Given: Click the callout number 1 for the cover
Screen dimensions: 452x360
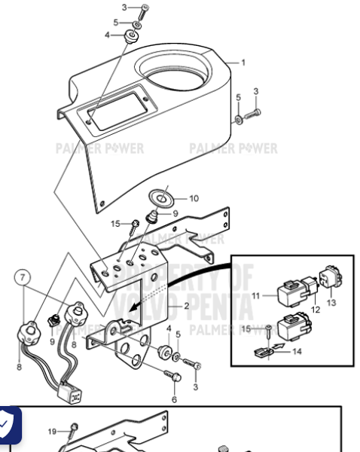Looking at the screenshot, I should click(x=243, y=63).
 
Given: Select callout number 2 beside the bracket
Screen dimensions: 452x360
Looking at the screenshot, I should click(x=186, y=307).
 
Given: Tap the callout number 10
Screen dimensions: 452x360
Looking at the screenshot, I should click(x=194, y=199).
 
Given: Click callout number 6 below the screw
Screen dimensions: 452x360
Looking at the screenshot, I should click(x=173, y=399).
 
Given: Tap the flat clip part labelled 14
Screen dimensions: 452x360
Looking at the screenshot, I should click(x=263, y=352).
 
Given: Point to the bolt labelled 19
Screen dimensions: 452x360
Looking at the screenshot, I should click(x=74, y=429).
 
